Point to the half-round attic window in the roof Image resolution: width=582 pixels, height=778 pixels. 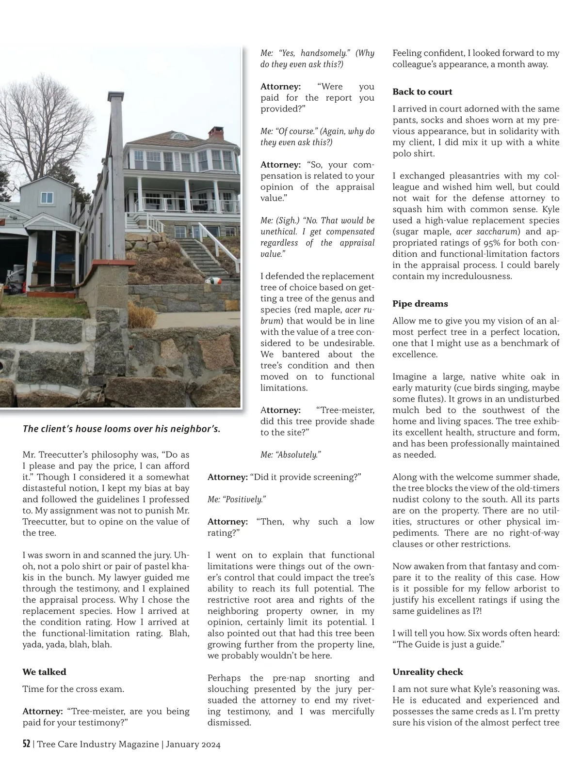tap(179, 136)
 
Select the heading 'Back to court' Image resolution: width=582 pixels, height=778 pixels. tap(422, 92)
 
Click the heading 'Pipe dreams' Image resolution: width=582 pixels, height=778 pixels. tap(420, 304)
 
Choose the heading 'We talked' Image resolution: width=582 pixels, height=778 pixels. tap(44, 672)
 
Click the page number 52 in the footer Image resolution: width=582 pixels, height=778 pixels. tap(27, 744)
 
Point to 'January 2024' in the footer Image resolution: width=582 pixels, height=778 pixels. tap(193, 745)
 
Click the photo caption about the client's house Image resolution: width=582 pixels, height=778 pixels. tap(121, 429)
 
